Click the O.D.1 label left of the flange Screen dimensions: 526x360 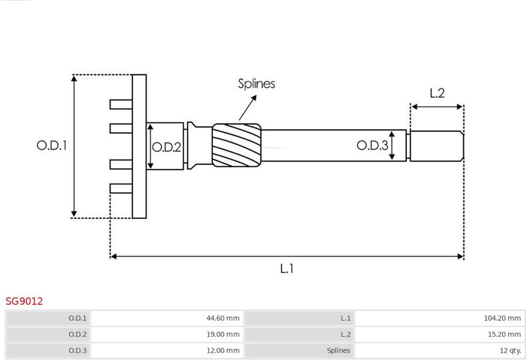(52, 145)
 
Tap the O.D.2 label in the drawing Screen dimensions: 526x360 (166, 147)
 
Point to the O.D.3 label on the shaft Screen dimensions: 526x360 (372, 145)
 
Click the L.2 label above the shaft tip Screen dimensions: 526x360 (437, 93)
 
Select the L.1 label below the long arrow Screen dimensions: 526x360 (287, 268)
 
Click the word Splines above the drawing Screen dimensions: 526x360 (256, 83)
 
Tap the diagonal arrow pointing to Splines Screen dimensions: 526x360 (248, 108)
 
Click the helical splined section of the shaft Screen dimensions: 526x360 (236, 145)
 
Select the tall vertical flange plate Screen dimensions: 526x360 (139, 146)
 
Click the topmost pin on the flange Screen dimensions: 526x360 (121, 104)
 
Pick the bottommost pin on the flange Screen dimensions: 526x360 (121, 188)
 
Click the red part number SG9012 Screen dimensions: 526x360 (24, 301)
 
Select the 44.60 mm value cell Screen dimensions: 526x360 (166, 318)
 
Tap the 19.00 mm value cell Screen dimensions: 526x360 (166, 334)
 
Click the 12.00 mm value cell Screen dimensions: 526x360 (166, 351)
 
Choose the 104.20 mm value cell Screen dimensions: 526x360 (439, 318)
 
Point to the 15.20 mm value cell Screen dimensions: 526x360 (439, 334)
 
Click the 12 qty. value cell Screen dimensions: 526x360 (439, 351)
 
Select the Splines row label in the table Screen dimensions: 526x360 (338, 351)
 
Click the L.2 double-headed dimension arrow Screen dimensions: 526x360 (437, 107)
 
